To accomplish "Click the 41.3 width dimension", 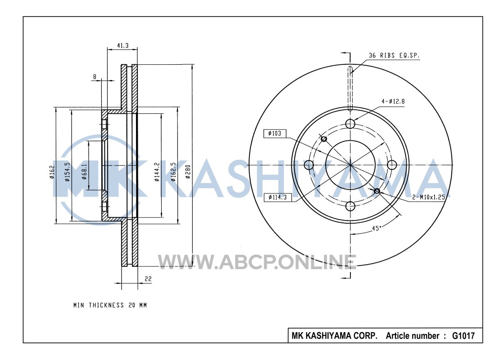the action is [x=123, y=45].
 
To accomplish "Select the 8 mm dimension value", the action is [x=95, y=77].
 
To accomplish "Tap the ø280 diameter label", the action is [x=188, y=171].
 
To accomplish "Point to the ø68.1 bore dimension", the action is [x=85, y=171].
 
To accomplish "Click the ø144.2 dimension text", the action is [x=157, y=172].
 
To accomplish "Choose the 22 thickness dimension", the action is [x=148, y=279].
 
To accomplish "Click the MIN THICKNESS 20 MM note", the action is [x=110, y=305].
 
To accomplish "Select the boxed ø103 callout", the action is [x=274, y=133].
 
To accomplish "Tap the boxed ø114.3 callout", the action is [x=277, y=197].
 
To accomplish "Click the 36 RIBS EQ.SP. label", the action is [x=394, y=55].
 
